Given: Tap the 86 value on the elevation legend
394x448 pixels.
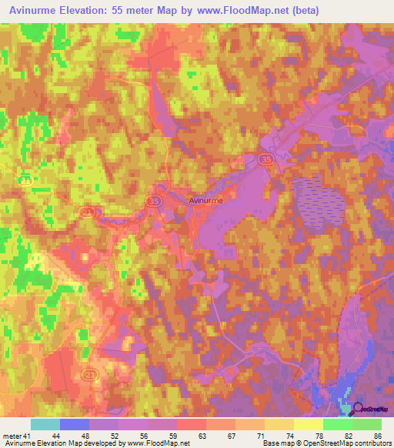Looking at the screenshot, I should tap(376, 436).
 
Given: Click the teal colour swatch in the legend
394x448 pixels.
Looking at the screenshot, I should tap(45, 424).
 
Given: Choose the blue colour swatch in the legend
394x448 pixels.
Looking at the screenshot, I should tap(75, 424).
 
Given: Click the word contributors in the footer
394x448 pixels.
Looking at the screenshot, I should tap(369, 443).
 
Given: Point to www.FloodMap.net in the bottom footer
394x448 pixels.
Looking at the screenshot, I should tap(159, 443).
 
